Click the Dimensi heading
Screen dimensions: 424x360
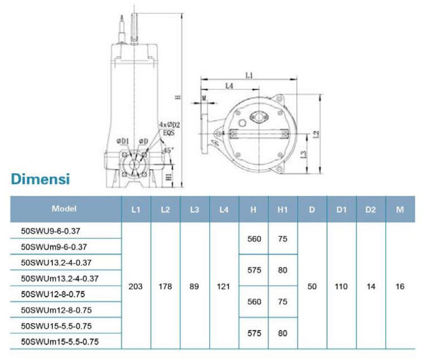(41, 179)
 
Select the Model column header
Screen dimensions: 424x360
(64, 208)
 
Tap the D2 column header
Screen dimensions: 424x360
(370, 210)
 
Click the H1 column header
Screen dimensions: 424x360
(283, 210)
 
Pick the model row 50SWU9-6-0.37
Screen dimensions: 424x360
(51, 231)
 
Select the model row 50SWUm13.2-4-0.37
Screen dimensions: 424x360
(60, 279)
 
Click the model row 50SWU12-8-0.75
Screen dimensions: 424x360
(53, 294)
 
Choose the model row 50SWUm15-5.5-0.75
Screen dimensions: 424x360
(60, 342)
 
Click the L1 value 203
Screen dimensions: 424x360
(136, 286)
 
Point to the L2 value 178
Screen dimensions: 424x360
(165, 286)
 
